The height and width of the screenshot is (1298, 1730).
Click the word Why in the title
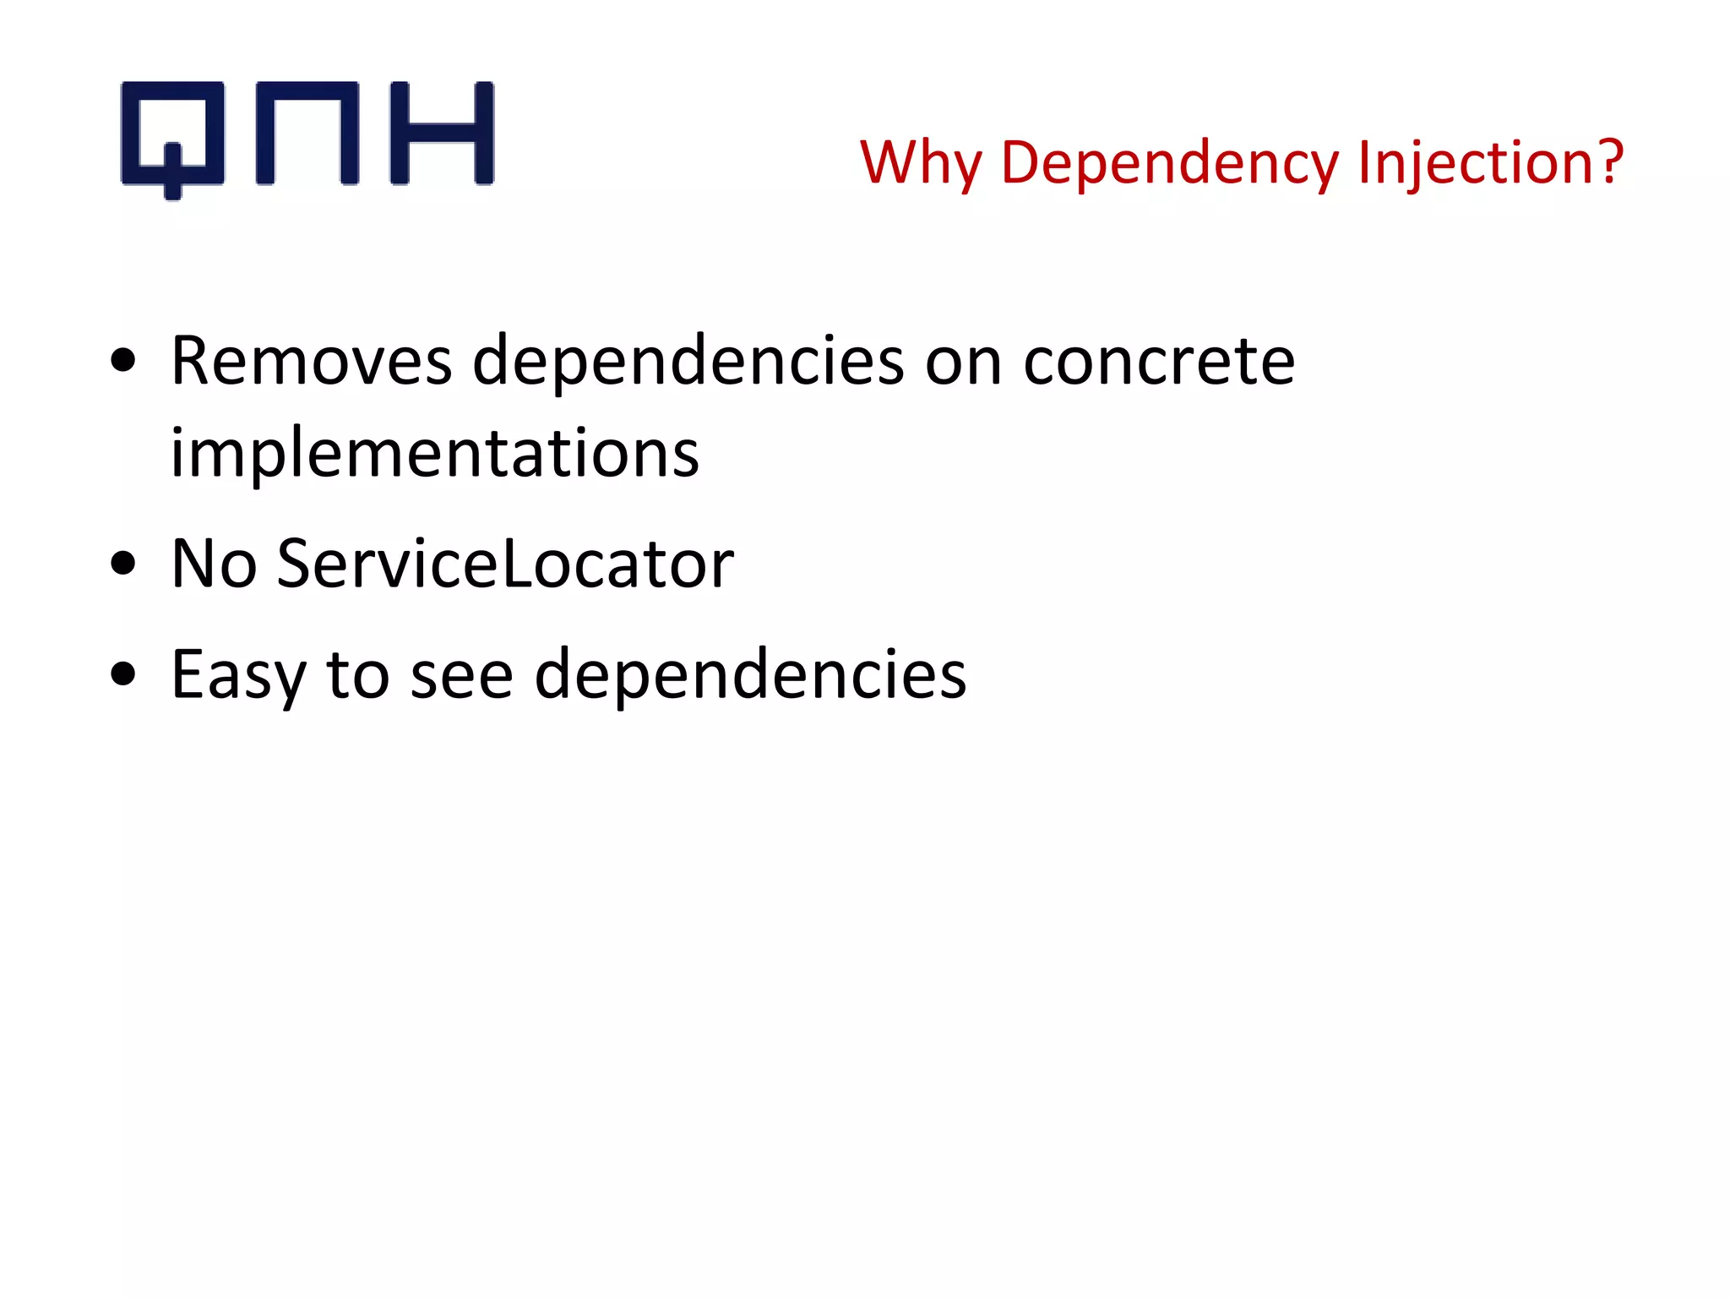(921, 162)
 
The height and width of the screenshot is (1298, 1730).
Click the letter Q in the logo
(173, 135)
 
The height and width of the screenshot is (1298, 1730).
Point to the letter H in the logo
(442, 134)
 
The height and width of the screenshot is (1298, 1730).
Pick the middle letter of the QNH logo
(307, 134)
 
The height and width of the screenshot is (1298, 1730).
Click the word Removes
(312, 361)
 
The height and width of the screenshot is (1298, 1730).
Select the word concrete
(1159, 361)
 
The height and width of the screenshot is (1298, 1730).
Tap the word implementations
(435, 453)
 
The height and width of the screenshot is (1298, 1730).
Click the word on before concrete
(964, 363)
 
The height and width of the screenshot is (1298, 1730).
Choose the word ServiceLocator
(505, 563)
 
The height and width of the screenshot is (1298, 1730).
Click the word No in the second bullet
(214, 563)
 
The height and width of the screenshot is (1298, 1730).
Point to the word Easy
(238, 674)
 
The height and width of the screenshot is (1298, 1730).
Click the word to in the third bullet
(358, 674)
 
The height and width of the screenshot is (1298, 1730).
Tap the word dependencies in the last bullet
(750, 674)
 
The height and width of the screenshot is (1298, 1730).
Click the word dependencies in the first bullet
(688, 361)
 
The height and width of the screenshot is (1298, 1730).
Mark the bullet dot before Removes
(123, 362)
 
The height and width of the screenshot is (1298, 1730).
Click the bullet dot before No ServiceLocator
(123, 564)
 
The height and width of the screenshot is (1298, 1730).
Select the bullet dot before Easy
(123, 674)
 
